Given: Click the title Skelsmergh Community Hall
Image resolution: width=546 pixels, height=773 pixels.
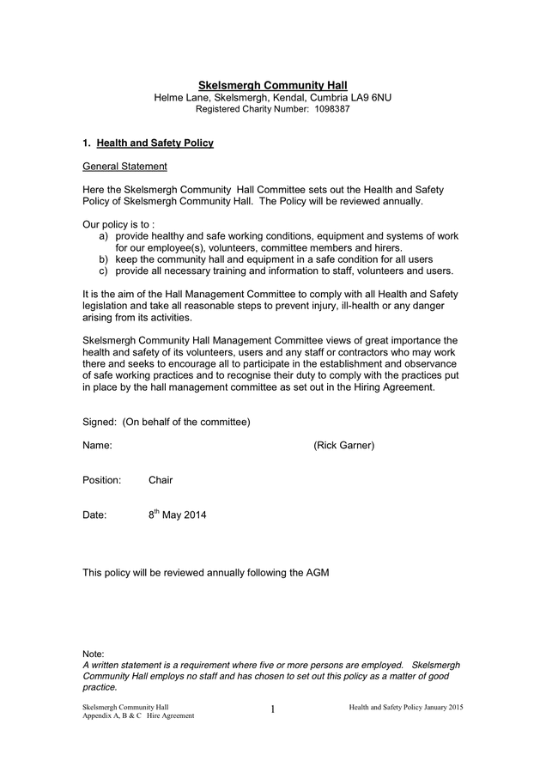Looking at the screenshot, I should [272, 86].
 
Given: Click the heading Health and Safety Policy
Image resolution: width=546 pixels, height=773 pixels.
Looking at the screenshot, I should [155, 143].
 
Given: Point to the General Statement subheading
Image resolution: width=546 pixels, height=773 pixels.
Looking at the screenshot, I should [124, 166].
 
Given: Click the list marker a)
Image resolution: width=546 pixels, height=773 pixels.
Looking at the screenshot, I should [104, 235].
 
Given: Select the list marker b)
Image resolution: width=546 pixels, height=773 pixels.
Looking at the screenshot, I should [104, 259].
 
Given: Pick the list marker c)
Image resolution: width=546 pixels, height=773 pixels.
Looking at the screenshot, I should [104, 271].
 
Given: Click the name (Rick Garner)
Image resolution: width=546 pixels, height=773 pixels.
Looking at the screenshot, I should [343, 445].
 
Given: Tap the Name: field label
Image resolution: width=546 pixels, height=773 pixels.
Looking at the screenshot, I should [97, 445].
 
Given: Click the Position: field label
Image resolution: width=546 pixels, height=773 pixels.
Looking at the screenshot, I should [101, 480].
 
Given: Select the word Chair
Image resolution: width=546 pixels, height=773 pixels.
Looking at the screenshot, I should [161, 480].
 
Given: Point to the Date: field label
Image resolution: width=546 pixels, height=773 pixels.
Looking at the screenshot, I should [94, 515].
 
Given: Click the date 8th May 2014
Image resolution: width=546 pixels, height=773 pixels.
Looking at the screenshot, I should [177, 515].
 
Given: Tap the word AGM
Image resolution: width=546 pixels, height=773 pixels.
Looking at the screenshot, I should [318, 572].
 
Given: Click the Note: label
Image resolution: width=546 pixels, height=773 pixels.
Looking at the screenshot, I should [93, 654].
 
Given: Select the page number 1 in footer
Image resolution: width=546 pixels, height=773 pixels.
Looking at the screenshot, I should [272, 709].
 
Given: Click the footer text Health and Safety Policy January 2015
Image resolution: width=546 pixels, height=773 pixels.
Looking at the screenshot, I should [406, 705].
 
